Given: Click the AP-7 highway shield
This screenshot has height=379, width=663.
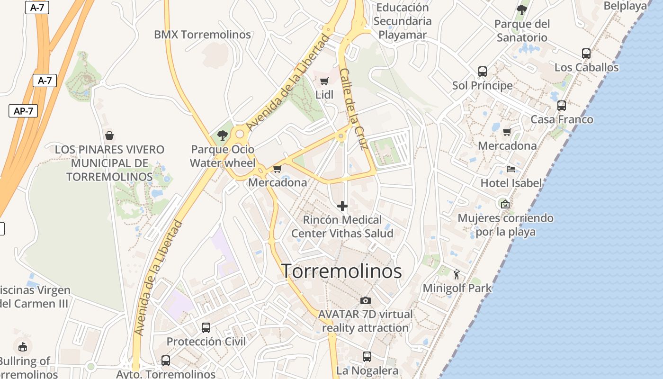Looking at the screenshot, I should tap(23, 111).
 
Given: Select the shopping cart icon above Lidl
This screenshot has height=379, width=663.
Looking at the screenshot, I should tap(324, 81).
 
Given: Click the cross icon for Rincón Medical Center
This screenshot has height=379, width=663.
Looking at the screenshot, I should tap(342, 206).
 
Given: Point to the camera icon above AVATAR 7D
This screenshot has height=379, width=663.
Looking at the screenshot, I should tap(365, 300).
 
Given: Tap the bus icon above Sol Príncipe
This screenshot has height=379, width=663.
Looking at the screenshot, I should tap(482, 72).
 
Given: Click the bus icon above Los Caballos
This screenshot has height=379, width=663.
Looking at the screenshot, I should tap(586, 54).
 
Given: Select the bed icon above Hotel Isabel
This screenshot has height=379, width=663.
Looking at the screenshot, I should tap(511, 169).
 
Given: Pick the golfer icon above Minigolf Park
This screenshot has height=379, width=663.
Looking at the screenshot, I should tap(457, 274).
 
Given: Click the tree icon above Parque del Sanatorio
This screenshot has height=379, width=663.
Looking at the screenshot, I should tap(521, 9).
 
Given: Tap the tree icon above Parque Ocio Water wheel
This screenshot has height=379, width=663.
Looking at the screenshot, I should tap(222, 135).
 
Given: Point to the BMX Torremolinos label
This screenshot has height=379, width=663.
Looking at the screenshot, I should tap(202, 35).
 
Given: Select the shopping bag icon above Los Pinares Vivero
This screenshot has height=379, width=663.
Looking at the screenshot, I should tap(109, 135).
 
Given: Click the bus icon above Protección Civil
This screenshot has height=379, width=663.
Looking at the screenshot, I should tap(206, 327).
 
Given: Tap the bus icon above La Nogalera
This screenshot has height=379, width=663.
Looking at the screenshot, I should tap(367, 356).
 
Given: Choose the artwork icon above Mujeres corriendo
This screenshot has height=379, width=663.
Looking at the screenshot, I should tap(505, 204).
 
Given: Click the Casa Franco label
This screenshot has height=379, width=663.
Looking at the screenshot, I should tap(562, 119).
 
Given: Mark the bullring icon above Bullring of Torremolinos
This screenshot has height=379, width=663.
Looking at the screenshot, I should tap(23, 347).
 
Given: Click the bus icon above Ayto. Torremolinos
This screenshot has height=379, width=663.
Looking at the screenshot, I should tap(165, 360).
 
